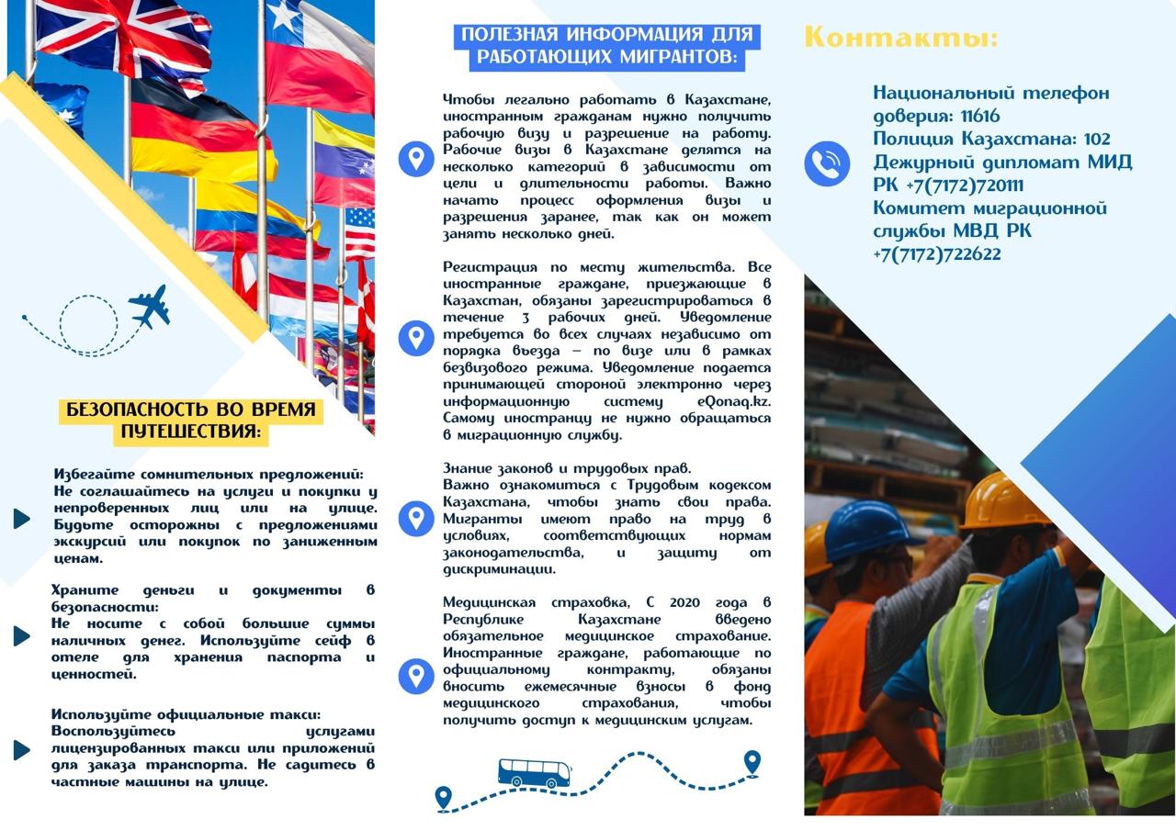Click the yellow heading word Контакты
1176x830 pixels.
click(899, 38)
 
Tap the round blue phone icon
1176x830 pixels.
click(827, 164)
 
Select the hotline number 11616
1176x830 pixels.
click(980, 117)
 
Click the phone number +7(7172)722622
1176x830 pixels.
click(936, 254)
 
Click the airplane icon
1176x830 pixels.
click(150, 306)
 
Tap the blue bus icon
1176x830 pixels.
click(534, 772)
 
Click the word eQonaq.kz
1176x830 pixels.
click(734, 402)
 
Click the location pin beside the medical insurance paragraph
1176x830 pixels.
click(416, 677)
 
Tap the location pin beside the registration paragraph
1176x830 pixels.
click(416, 338)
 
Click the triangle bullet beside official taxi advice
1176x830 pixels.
click(22, 749)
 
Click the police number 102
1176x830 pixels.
click(1097, 140)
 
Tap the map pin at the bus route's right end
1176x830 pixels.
click(752, 761)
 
